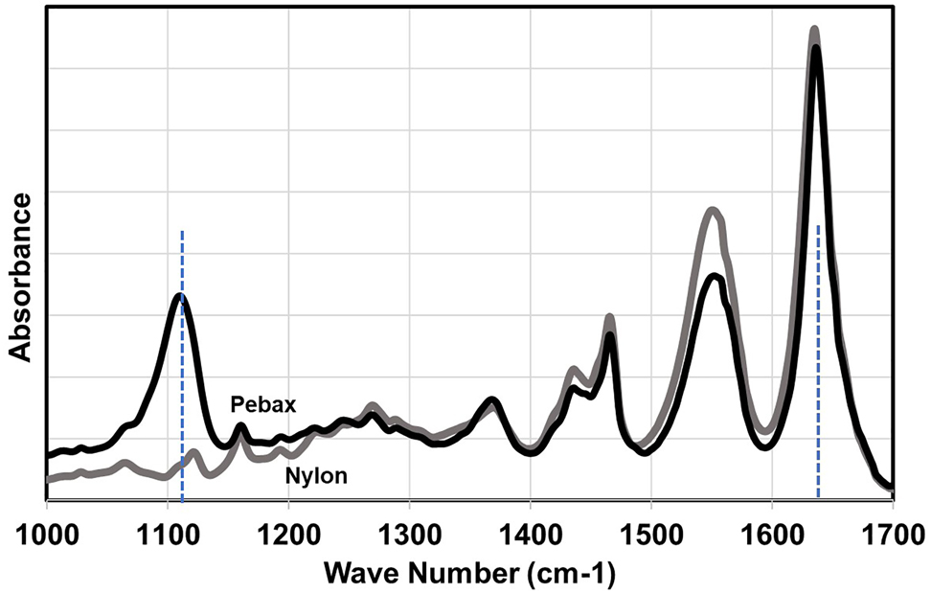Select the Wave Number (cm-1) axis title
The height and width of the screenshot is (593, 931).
click(469, 573)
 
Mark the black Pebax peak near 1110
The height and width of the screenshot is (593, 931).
click(180, 296)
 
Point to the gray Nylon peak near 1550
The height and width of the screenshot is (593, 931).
click(712, 210)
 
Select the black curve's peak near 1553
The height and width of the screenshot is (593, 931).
click(715, 277)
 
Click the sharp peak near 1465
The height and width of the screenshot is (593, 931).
click(609, 318)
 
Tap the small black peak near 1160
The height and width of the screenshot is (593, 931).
click(240, 425)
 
